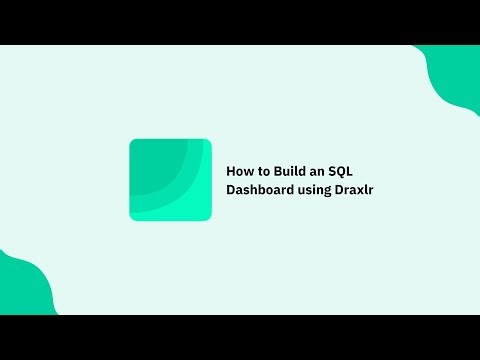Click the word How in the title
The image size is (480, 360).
pos(240,171)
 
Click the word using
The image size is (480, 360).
pos(317,190)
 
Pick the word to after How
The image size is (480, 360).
pos(262,171)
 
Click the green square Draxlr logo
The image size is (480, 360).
pos(170,180)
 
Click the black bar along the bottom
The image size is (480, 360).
pos(240,337)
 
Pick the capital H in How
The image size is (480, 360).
pos(232,171)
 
